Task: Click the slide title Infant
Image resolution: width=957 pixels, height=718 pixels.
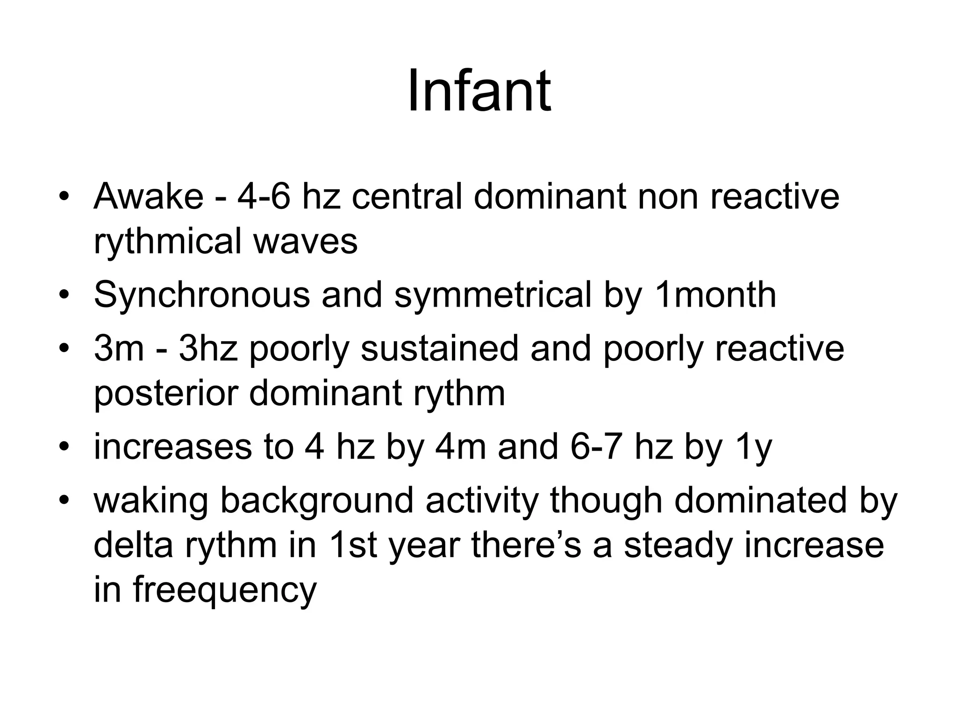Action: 478,91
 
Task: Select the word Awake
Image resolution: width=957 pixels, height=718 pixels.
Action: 149,196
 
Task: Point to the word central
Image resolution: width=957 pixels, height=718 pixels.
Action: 407,196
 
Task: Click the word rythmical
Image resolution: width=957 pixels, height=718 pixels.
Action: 167,242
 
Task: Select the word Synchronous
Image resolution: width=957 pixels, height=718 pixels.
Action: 202,295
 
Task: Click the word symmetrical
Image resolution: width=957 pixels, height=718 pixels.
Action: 493,295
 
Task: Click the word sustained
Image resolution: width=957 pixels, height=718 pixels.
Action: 439,349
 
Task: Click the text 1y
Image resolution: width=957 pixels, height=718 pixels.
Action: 754,447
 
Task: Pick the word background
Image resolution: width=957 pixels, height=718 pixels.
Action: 316,501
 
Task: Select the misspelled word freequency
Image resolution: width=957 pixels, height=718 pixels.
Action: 225,590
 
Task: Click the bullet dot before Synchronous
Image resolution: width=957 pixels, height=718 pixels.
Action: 64,295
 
